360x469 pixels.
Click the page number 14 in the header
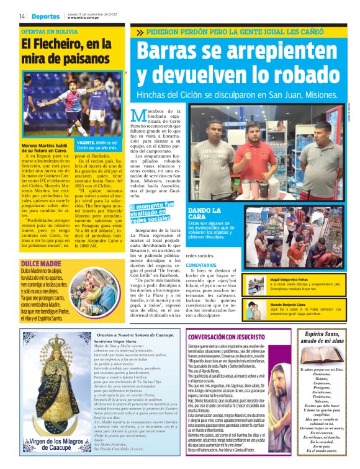22,16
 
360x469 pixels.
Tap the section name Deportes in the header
46,16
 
